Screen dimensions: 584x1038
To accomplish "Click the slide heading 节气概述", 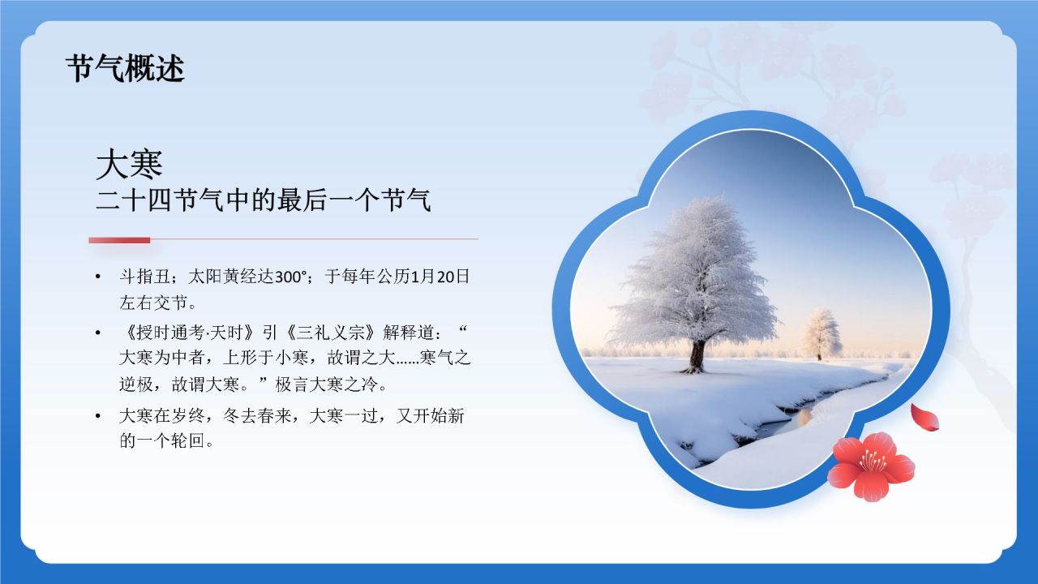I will pos(125,69).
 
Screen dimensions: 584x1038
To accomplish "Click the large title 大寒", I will pos(130,165).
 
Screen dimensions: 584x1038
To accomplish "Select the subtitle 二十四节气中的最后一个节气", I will pos(263,200).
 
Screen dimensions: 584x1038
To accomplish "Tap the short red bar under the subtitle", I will pos(119,240).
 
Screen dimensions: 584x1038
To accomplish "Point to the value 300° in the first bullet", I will pos(293,277).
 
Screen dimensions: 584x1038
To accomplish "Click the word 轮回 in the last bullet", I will pos(182,443).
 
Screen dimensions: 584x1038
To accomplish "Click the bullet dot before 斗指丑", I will pos(98,277).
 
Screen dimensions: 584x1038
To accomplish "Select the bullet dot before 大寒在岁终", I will pos(98,417).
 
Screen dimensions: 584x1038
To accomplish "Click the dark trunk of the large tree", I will pos(697,356).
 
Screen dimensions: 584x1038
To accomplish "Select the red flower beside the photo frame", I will pos(871,466).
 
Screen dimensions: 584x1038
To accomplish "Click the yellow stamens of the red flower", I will pos(872,460).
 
